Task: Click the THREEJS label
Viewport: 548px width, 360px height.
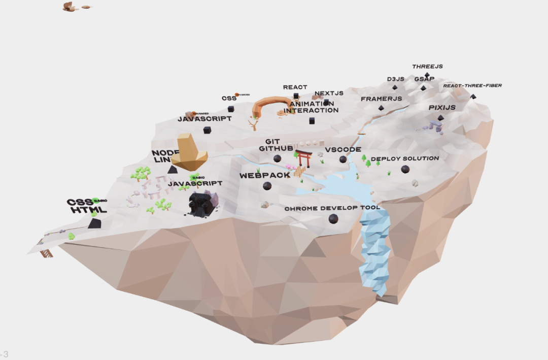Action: (x=427, y=67)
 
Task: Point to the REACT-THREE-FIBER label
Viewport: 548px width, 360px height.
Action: (x=472, y=86)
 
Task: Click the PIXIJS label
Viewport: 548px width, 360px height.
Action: (x=442, y=108)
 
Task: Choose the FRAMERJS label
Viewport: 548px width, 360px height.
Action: (x=381, y=99)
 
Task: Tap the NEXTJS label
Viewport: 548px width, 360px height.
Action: (x=329, y=93)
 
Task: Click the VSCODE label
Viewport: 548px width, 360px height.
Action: (x=343, y=150)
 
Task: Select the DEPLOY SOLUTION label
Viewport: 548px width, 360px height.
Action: (x=405, y=159)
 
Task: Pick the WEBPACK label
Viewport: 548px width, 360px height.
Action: (x=265, y=175)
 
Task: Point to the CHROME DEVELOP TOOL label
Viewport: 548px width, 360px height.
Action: (x=332, y=209)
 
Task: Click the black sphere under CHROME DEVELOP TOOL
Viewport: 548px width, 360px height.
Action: (x=333, y=219)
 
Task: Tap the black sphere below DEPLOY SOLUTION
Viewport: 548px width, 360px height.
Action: (x=405, y=169)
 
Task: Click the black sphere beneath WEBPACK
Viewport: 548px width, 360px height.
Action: (x=267, y=186)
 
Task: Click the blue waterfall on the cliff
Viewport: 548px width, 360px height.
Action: (x=375, y=249)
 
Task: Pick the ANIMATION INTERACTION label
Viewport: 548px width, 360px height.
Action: (x=311, y=107)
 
